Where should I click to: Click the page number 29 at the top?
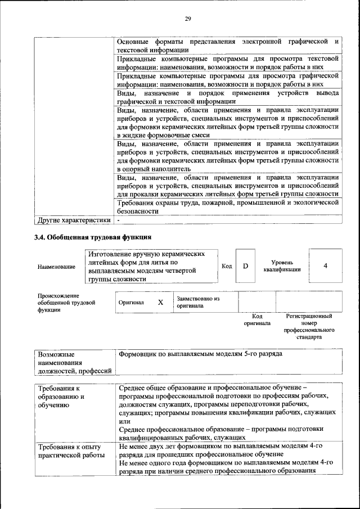coord(188,19)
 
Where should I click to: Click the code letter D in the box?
coord(245,266)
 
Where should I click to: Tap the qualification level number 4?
coord(325,265)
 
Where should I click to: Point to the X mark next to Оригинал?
coord(160,302)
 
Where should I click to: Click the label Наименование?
coord(56,267)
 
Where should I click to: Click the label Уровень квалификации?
coord(282,266)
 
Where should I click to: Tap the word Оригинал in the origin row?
coord(131,303)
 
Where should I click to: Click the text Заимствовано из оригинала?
coord(197,303)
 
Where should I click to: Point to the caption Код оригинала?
coord(257,320)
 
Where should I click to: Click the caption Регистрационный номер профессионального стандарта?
coord(309,327)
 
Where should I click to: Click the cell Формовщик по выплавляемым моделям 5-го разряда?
coord(200,354)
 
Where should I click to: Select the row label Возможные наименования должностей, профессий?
coord(73,362)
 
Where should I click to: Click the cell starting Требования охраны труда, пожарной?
coord(227,206)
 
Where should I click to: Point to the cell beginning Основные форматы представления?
coord(227,46)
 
